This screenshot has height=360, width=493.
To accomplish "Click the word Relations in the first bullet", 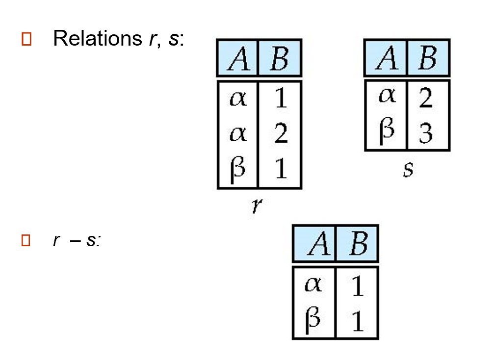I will click(97, 38).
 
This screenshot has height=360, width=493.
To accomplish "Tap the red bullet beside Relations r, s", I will click(26, 39).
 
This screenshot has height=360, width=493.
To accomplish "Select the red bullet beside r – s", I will click(26, 240).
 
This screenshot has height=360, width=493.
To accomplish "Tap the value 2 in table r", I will click(280, 134).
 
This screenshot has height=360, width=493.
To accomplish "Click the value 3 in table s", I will click(426, 133).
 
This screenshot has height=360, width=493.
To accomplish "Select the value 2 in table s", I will click(426, 99).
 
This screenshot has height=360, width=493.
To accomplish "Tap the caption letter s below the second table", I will click(408, 170).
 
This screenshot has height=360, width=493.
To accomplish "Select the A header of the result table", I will click(314, 244).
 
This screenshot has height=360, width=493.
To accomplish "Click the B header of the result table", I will click(357, 244).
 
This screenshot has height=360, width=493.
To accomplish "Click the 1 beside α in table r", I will click(280, 100).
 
